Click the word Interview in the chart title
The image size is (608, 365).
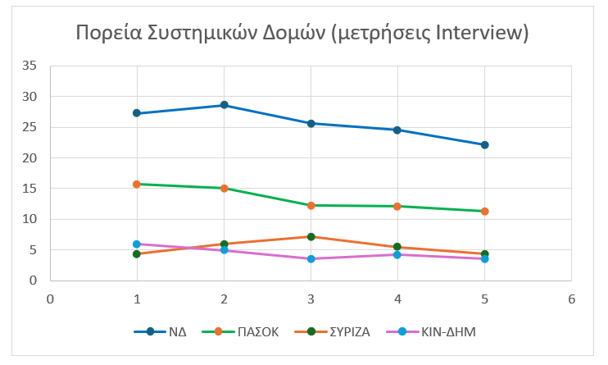(479, 33)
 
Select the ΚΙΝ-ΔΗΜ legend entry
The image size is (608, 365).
(443, 332)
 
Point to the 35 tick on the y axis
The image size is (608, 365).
(29, 66)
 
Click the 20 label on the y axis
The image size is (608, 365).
(29, 158)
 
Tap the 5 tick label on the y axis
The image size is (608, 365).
(33, 250)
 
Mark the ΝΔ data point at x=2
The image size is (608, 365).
(224, 105)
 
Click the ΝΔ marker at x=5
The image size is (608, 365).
(484, 145)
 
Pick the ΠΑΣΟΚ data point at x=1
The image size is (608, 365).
(137, 185)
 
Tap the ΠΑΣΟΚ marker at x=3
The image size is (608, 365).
(311, 205)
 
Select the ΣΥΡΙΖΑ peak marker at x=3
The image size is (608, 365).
(311, 237)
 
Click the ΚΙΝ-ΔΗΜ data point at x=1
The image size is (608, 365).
(137, 244)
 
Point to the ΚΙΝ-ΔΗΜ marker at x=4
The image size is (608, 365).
(397, 254)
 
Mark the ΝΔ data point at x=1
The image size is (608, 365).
(137, 113)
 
